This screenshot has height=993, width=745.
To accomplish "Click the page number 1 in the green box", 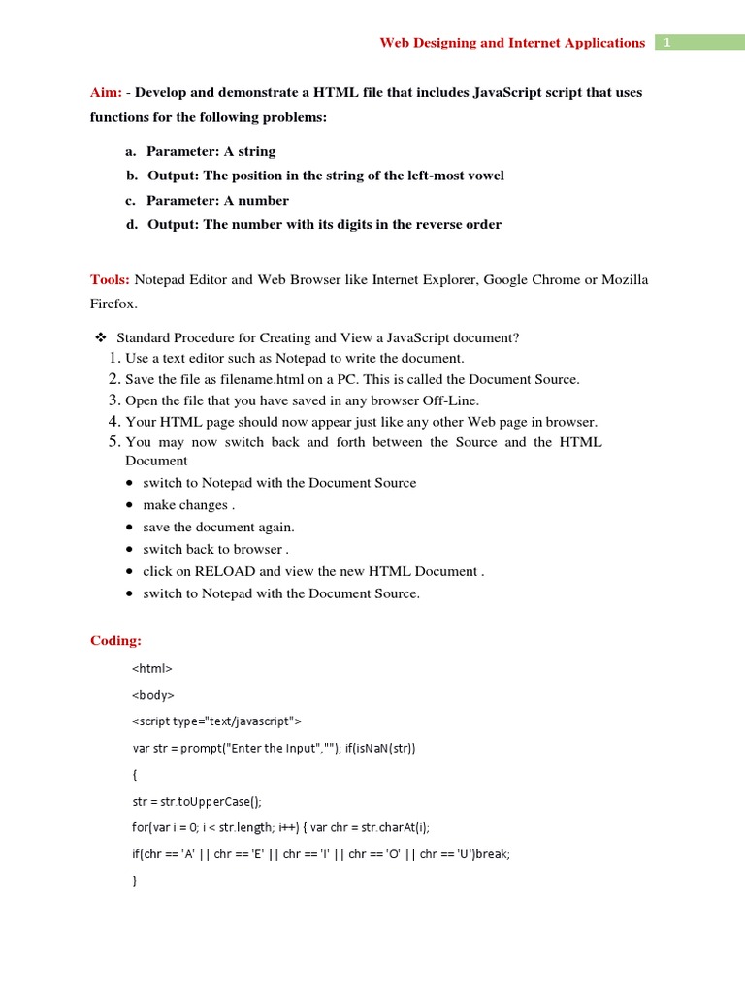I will point(668,43).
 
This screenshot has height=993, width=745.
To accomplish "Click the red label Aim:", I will point(106,93).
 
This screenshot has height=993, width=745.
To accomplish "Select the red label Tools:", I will point(110,279).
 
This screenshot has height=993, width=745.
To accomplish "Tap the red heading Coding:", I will point(115,640).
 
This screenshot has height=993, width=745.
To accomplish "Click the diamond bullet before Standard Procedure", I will point(99,337).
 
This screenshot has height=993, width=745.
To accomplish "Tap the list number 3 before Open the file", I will point(114,400).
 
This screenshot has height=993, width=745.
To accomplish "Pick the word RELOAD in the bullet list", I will point(225,571).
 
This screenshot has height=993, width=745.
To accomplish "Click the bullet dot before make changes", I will point(131,505).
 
